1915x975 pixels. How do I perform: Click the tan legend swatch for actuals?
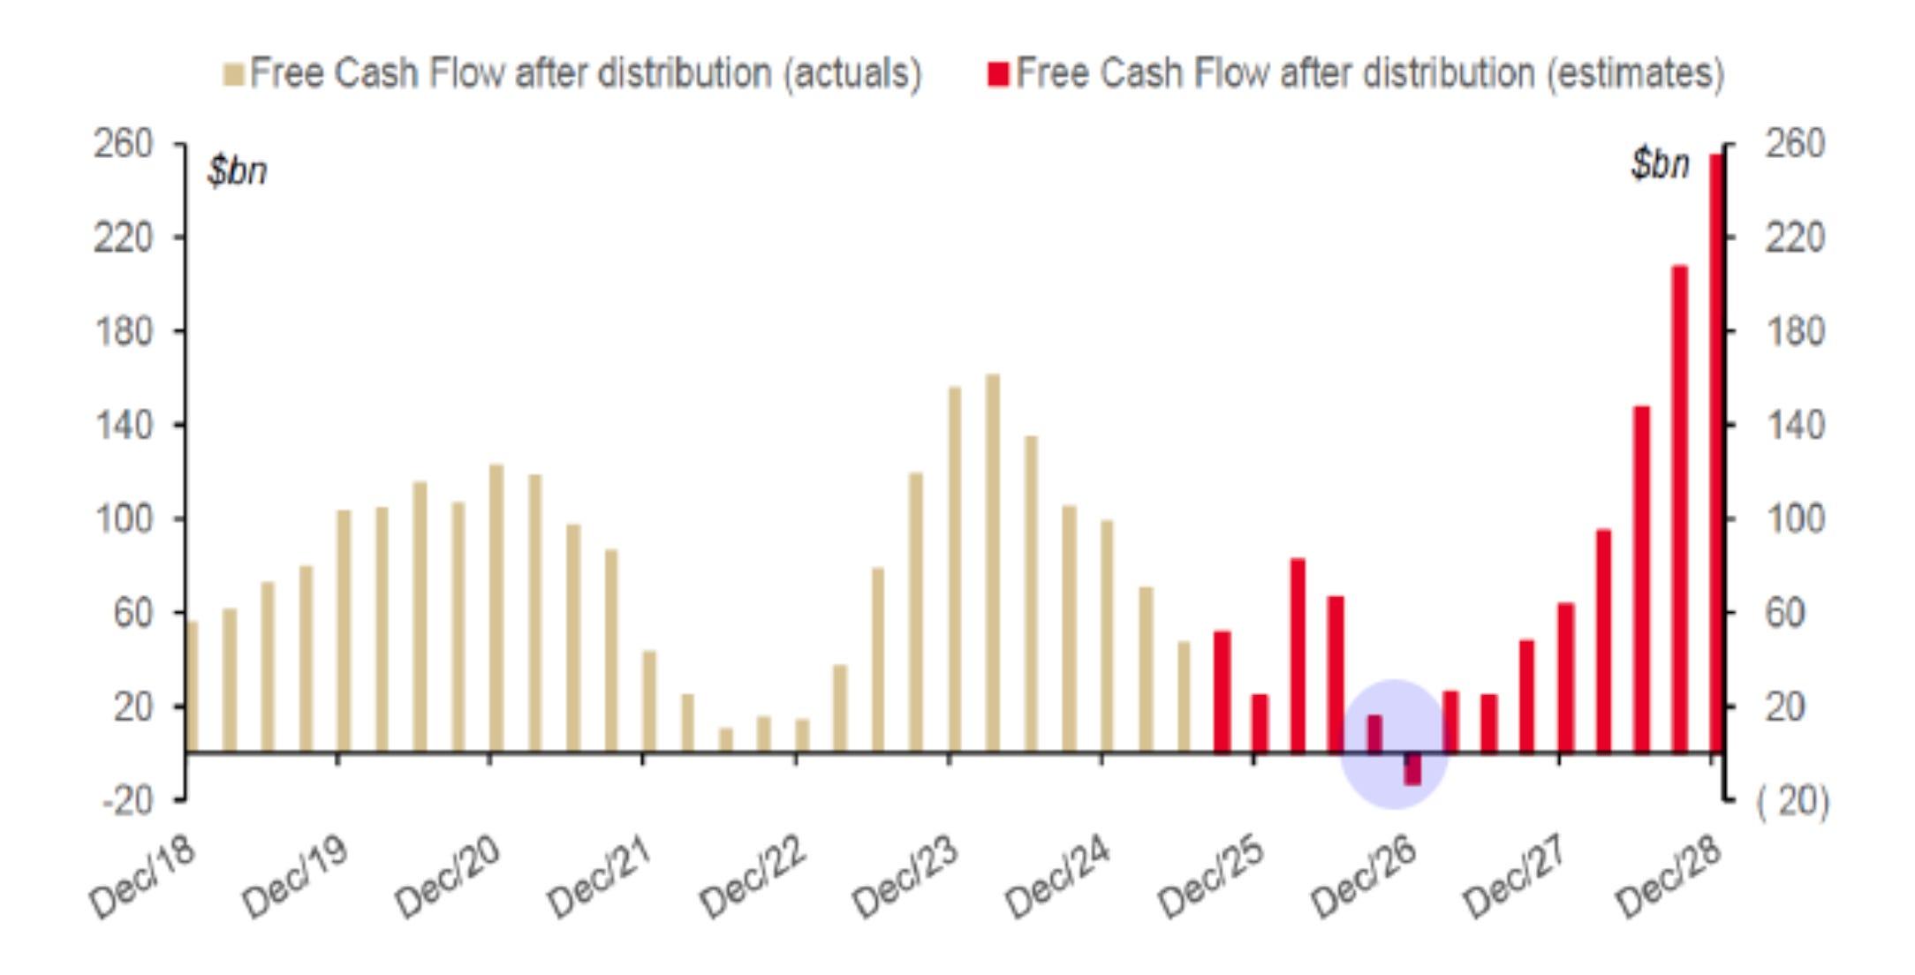coord(233,75)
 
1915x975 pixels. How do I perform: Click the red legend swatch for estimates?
coord(998,75)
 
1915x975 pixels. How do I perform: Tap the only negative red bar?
coord(1412,768)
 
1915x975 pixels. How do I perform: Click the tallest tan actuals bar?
coord(993,563)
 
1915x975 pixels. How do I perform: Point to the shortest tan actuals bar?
coord(726,740)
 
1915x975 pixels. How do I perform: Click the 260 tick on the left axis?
coord(123,143)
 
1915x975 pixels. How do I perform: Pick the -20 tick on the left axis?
coord(127,800)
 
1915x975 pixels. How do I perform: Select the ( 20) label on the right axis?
coord(1793,800)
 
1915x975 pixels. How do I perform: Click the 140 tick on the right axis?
coord(1795,426)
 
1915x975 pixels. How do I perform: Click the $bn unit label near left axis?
coord(237,170)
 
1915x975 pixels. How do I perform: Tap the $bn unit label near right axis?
coord(1661,163)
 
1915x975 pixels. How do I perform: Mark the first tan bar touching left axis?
coord(193,687)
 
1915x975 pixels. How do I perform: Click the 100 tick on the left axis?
coord(123,518)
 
